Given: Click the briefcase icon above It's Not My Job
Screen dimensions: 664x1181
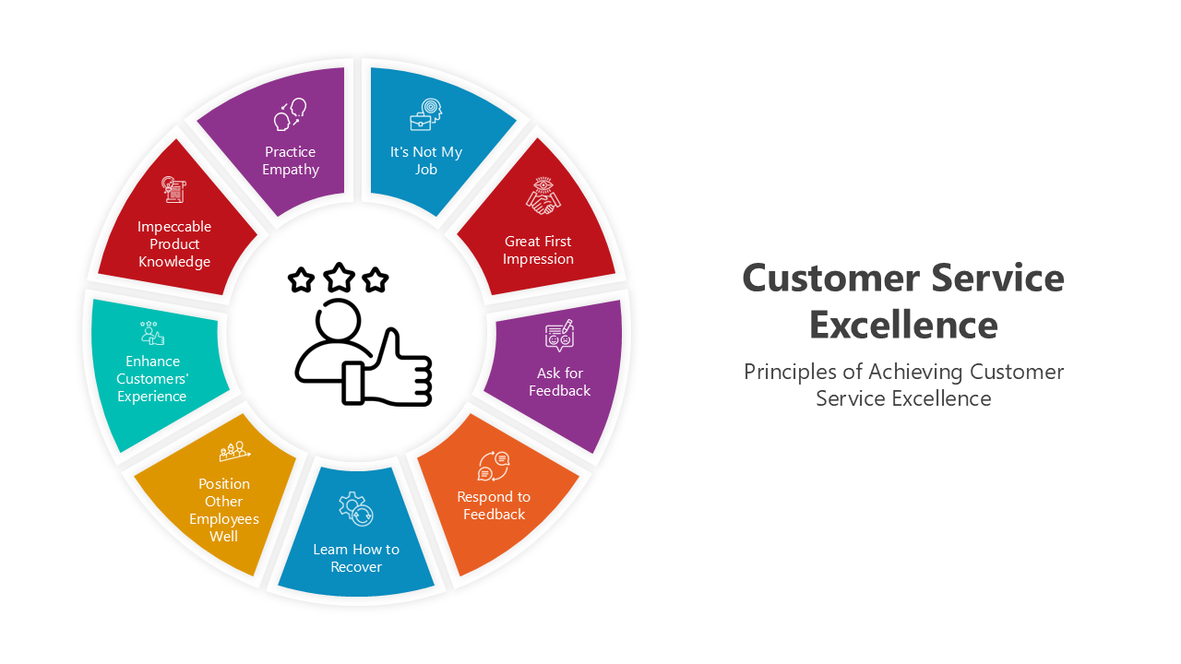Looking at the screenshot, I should tap(425, 115).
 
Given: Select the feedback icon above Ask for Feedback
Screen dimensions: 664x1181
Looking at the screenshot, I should tap(559, 336).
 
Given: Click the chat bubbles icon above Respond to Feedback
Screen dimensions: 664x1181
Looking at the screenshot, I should tap(494, 466).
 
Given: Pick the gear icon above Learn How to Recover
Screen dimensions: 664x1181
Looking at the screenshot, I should tap(355, 508).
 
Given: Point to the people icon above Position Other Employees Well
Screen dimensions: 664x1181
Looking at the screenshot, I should tap(233, 451).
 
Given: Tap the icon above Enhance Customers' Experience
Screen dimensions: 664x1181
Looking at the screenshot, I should tap(151, 334).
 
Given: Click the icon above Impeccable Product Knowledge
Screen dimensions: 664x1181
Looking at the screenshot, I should tap(173, 191).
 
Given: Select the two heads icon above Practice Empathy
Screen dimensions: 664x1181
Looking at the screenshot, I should tap(290, 115).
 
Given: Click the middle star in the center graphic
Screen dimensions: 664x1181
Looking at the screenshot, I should tap(340, 277).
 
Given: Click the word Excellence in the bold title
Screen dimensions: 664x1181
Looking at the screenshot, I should tap(903, 325).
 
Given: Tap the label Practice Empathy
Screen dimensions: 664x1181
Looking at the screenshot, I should tap(290, 160).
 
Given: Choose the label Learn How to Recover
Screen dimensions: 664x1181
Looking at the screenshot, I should tap(356, 558).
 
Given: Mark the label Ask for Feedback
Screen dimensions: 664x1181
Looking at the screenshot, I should tap(559, 382).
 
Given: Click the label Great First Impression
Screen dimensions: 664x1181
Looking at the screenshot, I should tap(538, 250).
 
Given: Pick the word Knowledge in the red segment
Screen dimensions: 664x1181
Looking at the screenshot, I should tap(174, 261).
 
